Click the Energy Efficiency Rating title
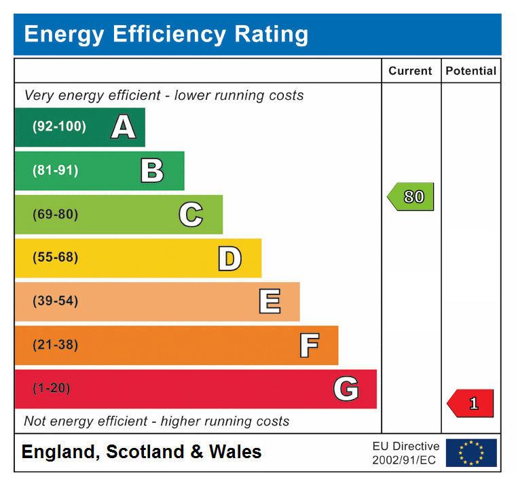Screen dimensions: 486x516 tap(166, 34)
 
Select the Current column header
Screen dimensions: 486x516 tap(410, 71)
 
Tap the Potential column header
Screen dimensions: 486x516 tap(471, 71)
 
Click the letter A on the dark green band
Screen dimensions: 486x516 tap(123, 127)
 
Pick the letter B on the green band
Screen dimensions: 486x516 tap(152, 171)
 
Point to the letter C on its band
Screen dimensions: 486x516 tap(191, 215)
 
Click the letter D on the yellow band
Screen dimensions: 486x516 tap(229, 258)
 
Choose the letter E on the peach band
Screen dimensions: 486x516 tap(270, 302)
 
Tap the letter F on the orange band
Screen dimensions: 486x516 tap(309, 345)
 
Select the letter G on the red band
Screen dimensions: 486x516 tap(346, 389)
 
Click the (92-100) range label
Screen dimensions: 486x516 tap(59, 127)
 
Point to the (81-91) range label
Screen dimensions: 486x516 tap(55, 171)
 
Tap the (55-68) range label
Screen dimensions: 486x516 tap(55, 258)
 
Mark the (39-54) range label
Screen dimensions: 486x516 tap(55, 301)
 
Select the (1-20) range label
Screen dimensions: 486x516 tap(52, 388)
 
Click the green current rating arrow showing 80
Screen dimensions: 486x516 tap(411, 197)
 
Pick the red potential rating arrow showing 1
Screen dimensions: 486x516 tap(471, 403)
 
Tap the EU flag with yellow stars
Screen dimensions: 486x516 tap(471, 453)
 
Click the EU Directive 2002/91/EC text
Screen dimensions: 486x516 tap(405, 453)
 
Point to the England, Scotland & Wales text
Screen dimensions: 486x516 tap(141, 452)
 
